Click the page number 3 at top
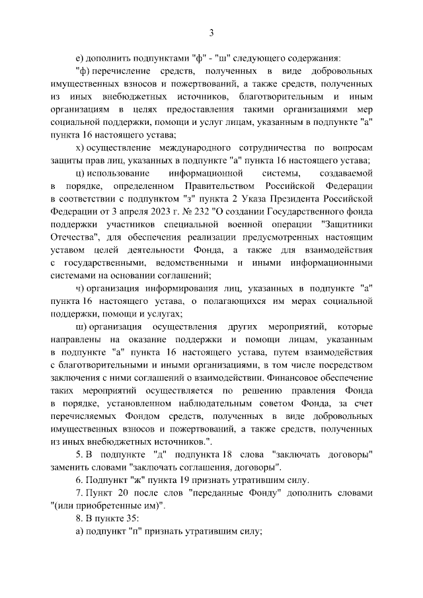pyautogui.click(x=211, y=33)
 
